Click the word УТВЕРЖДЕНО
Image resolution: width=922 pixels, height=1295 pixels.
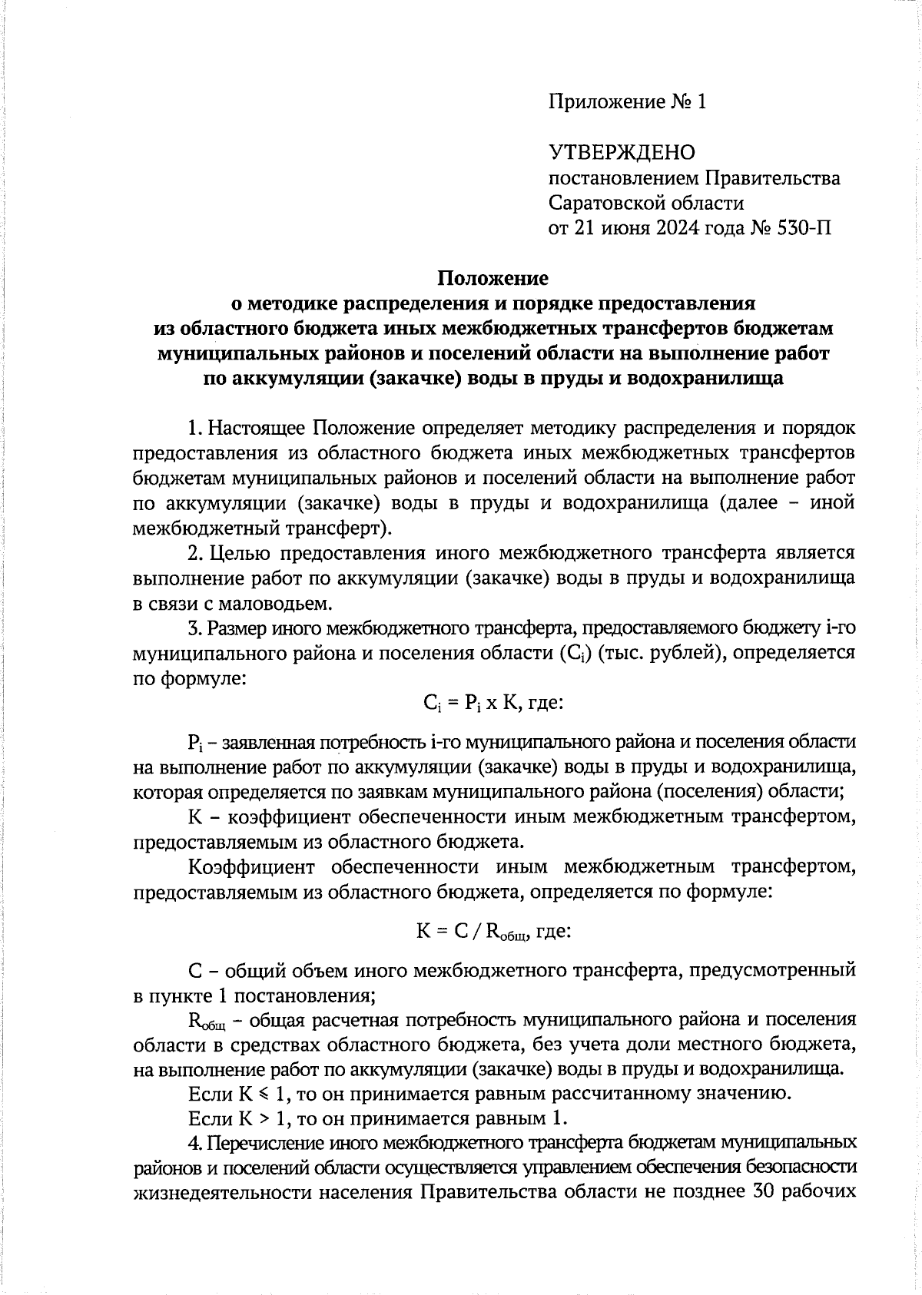point(622,153)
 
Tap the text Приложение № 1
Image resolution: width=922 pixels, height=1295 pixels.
point(626,102)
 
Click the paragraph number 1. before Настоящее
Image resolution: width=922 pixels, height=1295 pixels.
point(195,427)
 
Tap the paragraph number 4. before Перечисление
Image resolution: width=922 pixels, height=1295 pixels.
point(194,1142)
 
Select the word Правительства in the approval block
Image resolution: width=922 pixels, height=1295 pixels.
point(774,178)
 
